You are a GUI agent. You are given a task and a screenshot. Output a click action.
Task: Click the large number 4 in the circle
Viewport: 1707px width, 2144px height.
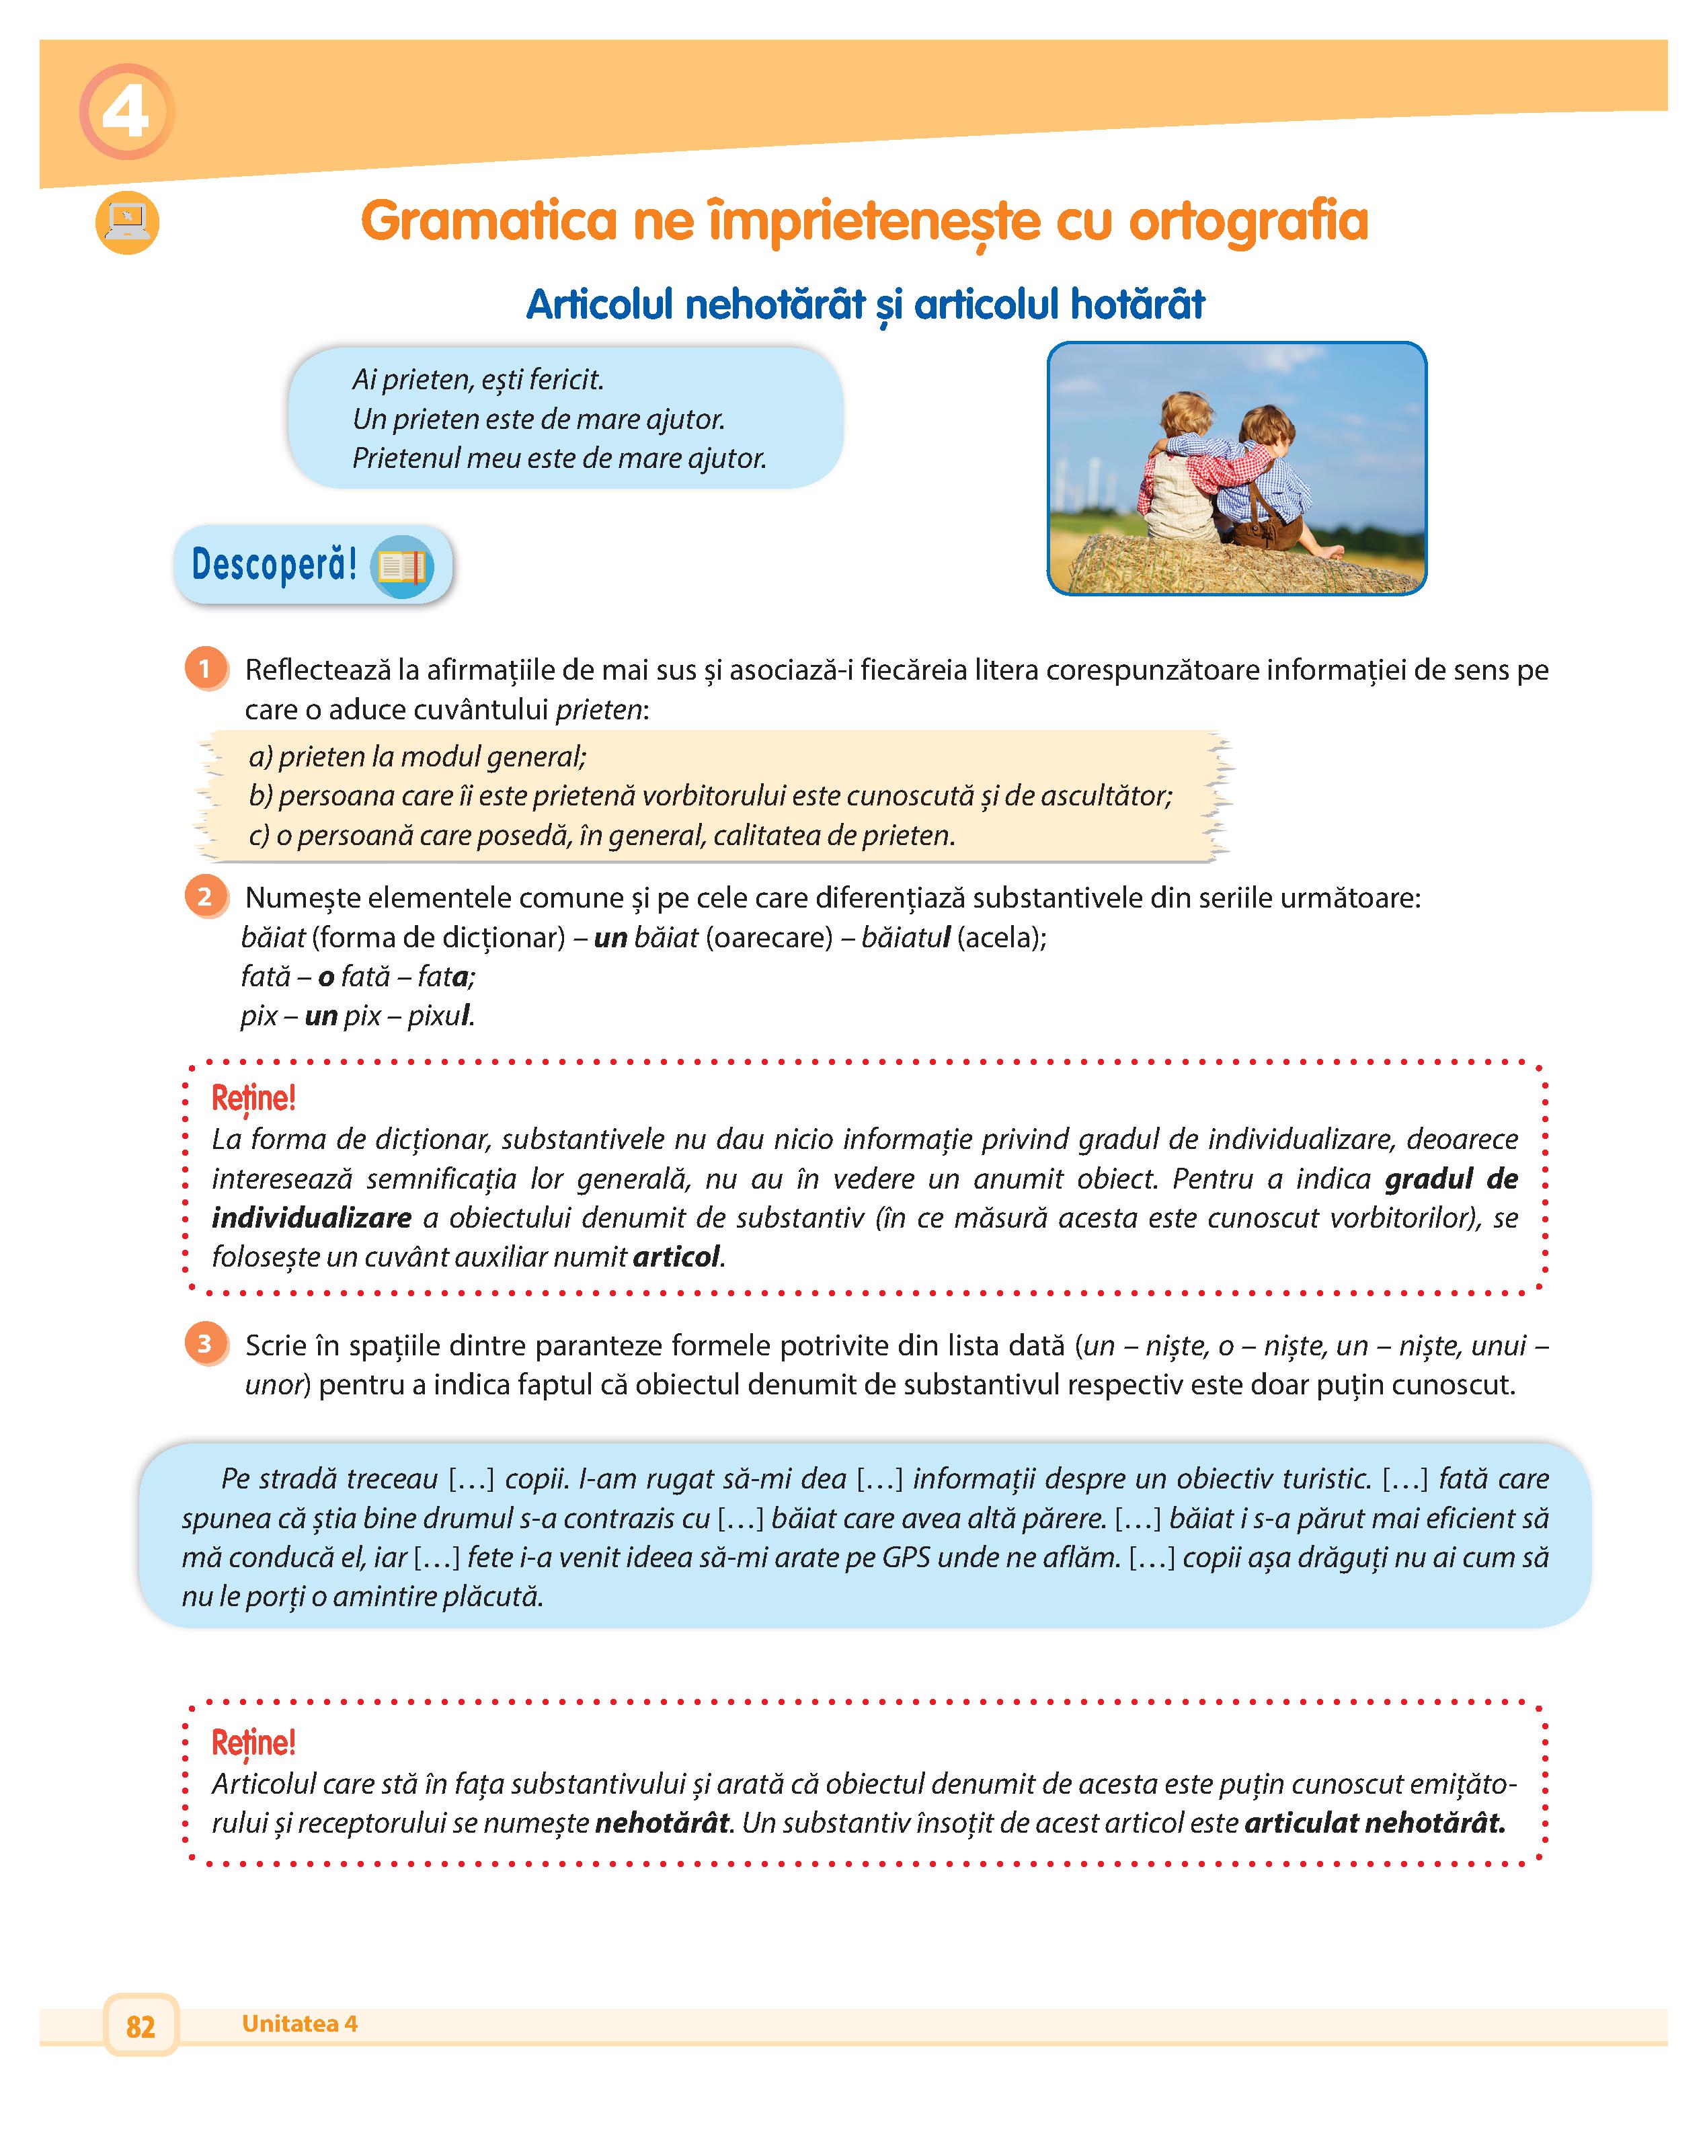(126, 112)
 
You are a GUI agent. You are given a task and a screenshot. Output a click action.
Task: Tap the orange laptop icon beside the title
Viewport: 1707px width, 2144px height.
(127, 222)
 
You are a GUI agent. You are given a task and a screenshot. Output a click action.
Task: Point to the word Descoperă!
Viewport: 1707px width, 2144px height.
(274, 564)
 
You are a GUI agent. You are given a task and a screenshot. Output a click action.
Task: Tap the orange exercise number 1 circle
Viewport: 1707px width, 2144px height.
(206, 669)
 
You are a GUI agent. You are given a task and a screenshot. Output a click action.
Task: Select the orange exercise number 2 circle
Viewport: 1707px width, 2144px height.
(206, 897)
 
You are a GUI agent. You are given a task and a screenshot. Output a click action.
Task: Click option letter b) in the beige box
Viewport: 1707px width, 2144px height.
(260, 795)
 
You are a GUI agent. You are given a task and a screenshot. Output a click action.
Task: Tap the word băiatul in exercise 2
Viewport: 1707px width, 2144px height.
(905, 937)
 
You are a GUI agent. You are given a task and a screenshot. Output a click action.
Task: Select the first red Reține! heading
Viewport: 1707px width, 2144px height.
(253, 1099)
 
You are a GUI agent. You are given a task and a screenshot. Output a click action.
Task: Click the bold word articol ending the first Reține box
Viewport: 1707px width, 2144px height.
(676, 1257)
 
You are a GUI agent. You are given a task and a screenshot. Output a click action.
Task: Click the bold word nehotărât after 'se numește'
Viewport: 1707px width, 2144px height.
(662, 1823)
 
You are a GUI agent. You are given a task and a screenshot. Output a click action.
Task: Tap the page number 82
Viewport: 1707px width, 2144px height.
(141, 2026)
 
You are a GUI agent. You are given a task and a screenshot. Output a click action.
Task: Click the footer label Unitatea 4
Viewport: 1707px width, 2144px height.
(299, 2024)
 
